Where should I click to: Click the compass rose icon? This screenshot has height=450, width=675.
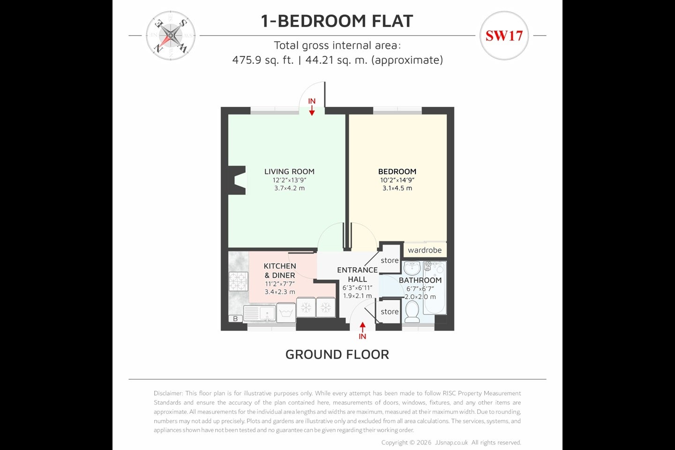[x=171, y=36]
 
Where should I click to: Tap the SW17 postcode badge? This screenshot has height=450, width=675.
[x=504, y=36]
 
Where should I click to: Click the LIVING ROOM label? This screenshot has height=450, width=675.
[x=289, y=172]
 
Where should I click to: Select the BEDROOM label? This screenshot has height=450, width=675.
[x=397, y=172]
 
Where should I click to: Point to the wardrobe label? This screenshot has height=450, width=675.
[x=425, y=250]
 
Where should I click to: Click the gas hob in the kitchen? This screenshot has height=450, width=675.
[x=238, y=281]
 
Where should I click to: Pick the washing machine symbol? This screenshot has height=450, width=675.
[x=286, y=313]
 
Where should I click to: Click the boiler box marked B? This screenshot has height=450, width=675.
[x=235, y=319]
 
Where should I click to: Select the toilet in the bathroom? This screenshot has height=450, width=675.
[x=412, y=312]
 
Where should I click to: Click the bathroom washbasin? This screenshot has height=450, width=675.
[x=412, y=268]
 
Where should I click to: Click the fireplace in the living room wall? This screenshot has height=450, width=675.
[x=237, y=180]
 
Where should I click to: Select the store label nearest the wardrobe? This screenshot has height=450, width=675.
[x=390, y=261]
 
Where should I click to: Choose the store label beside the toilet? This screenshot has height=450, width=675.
[x=390, y=312]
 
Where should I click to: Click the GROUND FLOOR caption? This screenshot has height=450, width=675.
[x=337, y=354]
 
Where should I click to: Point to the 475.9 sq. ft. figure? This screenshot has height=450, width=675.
[x=263, y=60]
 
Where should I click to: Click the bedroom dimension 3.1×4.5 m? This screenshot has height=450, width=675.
[x=397, y=188]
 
